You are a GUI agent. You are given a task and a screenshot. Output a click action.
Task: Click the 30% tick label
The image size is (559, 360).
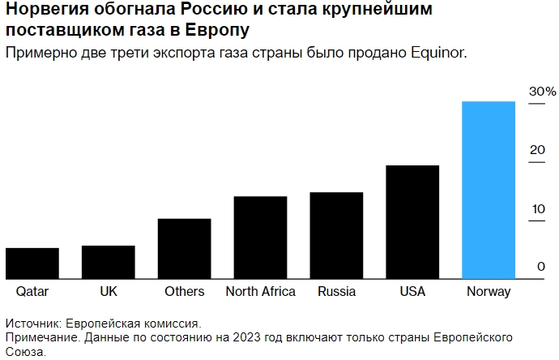click(542, 92)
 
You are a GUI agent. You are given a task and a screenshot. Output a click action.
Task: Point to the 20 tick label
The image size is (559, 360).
click(539, 150)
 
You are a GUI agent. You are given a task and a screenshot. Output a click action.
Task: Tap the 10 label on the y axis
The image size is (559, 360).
click(539, 209)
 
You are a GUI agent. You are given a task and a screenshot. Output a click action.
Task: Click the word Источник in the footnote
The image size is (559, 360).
click(32, 323)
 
